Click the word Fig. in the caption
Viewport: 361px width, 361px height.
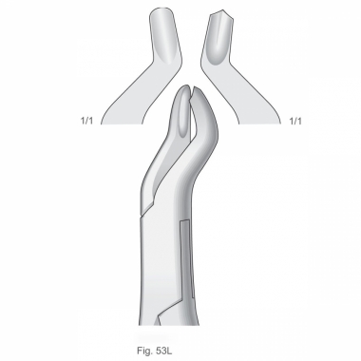144,351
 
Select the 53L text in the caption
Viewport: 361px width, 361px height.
164,351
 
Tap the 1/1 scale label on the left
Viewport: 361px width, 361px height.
86,121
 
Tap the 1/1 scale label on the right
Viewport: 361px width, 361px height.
295,121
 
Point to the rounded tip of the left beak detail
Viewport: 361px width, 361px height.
161,9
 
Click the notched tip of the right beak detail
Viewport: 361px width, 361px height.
222,12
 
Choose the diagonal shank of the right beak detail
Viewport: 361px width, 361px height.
240,92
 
